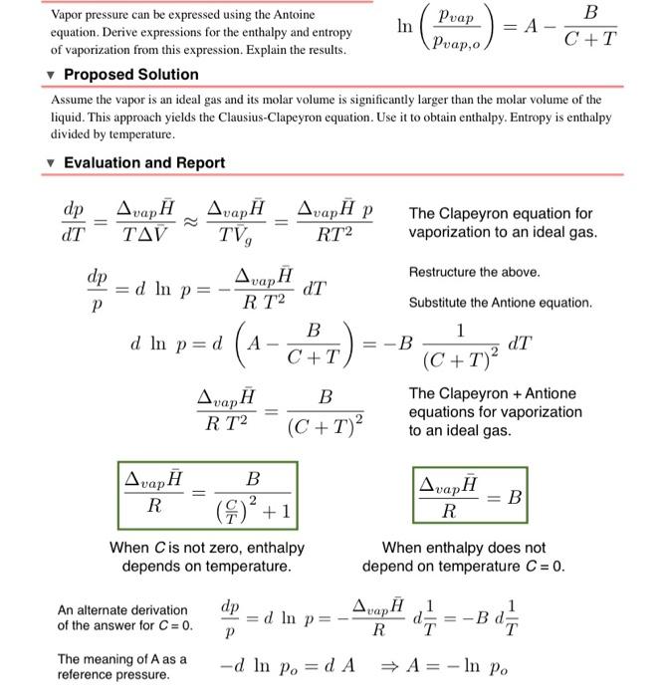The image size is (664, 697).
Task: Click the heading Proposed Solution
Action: tap(130, 75)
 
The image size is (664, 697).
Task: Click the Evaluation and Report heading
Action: tap(144, 162)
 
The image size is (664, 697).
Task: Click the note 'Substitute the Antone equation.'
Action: tap(500, 302)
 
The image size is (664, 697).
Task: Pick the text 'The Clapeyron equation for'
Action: tap(500, 213)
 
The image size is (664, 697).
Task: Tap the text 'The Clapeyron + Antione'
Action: tap(491, 393)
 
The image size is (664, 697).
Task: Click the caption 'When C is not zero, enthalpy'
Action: tap(207, 548)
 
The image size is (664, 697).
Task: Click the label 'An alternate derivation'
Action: tap(121, 609)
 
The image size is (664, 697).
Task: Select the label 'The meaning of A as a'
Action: tap(121, 658)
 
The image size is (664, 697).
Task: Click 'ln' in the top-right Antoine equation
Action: tap(404, 28)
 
